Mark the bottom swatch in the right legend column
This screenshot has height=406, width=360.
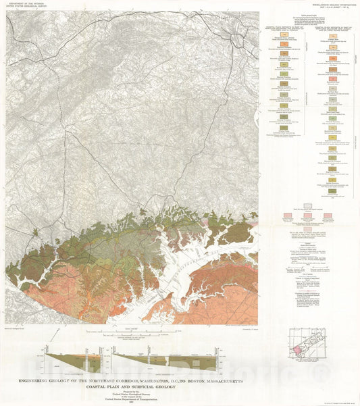[x=333, y=191]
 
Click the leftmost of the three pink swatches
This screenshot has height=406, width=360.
[x=286, y=215]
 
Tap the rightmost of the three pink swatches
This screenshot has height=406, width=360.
[x=330, y=215]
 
